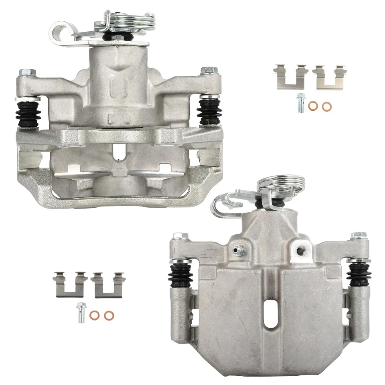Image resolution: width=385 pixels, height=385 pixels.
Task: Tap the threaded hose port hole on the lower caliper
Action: (x=299, y=251)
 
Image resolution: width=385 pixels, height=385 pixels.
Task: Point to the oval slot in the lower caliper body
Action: (x=272, y=318)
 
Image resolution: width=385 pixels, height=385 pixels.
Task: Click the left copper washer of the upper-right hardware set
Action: (x=314, y=106)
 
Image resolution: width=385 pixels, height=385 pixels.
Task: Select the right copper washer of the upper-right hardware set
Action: (x=327, y=107)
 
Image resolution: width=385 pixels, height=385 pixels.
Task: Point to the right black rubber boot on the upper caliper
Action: (x=210, y=111)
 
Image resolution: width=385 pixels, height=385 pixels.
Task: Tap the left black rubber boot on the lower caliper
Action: (x=182, y=275)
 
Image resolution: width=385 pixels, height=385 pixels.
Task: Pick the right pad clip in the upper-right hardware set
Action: (x=329, y=76)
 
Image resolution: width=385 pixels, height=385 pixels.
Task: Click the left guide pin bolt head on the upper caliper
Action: (x=26, y=73)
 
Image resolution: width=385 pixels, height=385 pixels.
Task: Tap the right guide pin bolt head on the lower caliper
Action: (x=359, y=235)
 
